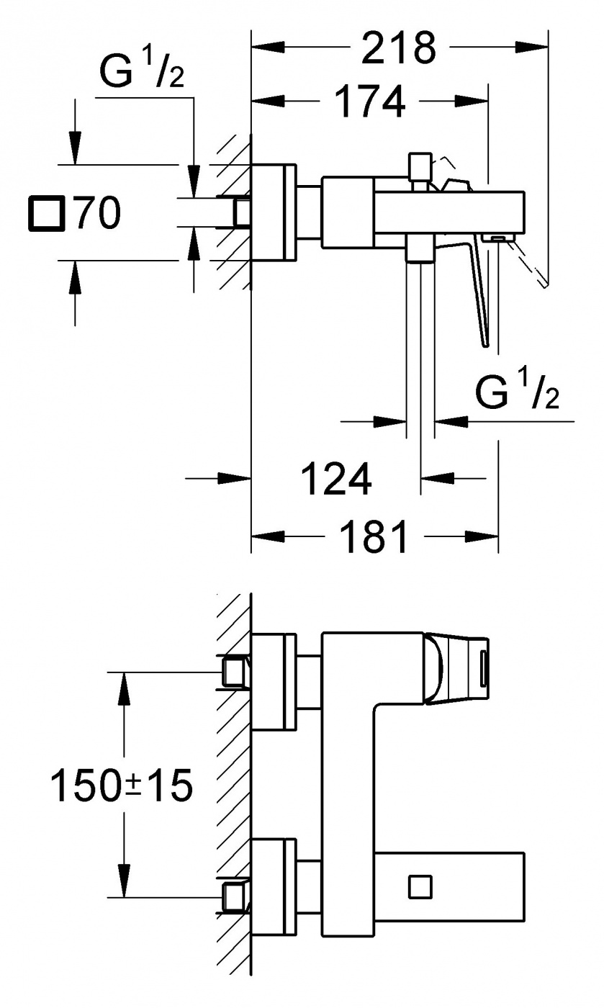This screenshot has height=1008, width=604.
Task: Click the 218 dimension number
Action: [398, 48]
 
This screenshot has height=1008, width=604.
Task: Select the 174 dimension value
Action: [371, 102]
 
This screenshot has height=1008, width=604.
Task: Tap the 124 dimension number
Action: [337, 478]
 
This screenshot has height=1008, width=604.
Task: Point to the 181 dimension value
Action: [374, 536]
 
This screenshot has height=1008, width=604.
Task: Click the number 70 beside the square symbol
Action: [98, 213]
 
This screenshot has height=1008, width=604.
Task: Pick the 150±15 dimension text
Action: [122, 786]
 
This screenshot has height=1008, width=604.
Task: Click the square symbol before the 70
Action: [47, 213]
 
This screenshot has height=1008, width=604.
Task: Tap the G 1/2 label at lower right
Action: [517, 390]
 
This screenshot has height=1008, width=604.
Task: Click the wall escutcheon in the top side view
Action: [274, 213]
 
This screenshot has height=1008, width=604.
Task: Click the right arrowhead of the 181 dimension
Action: [482, 536]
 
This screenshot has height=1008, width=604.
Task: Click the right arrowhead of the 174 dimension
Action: [472, 102]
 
